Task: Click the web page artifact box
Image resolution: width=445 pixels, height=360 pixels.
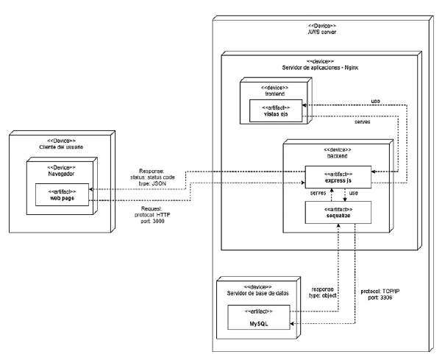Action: tap(63, 194)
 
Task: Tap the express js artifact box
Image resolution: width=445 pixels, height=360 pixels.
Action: tap(336, 177)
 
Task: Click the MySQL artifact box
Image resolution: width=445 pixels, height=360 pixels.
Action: tap(257, 320)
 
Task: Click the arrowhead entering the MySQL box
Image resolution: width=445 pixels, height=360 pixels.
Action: tap(292, 322)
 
